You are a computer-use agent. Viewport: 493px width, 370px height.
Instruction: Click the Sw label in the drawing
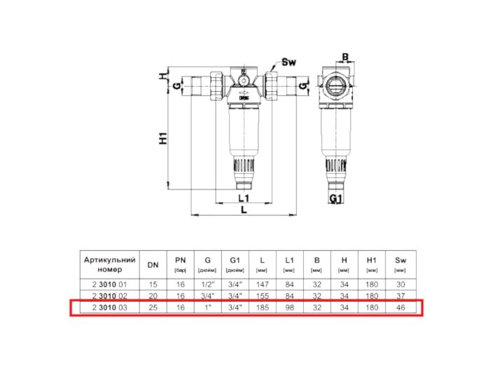click(x=289, y=62)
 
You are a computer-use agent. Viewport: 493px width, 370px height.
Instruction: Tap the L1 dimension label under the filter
click(x=244, y=198)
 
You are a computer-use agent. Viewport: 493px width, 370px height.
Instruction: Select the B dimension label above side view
click(x=345, y=57)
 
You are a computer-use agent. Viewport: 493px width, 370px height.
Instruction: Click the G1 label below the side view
click(x=336, y=199)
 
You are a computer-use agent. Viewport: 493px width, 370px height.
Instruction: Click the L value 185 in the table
click(x=261, y=308)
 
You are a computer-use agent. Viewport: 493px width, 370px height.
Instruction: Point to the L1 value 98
click(x=289, y=308)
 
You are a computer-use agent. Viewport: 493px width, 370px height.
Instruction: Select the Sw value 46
click(x=400, y=308)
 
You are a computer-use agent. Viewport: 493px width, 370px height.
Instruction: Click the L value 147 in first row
click(x=261, y=285)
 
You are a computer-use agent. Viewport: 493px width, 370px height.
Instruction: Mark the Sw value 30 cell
click(x=400, y=285)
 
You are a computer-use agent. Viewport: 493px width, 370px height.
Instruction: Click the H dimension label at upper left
click(x=162, y=75)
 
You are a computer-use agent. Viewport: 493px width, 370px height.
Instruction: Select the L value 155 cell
click(x=261, y=296)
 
